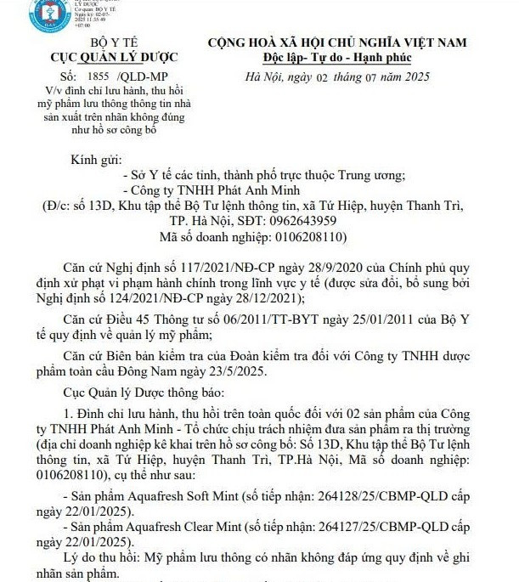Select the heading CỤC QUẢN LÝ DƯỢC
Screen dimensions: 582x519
pos(100,58)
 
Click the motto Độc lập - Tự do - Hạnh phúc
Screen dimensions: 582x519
pos(338,58)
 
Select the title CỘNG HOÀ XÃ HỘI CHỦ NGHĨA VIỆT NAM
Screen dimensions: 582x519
pos(338,42)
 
